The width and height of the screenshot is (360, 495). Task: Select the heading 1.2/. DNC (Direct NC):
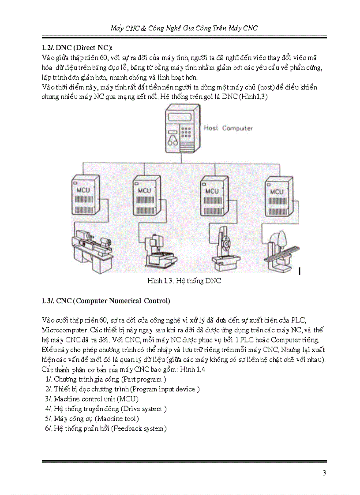click(x=77, y=48)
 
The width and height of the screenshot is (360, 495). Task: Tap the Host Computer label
click(x=228, y=128)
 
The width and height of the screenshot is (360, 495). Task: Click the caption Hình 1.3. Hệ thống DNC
click(x=184, y=281)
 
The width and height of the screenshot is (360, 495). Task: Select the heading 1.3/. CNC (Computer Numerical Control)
click(x=106, y=301)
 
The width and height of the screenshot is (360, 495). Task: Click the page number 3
click(x=324, y=473)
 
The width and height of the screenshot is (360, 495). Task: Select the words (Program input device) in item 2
click(x=165, y=389)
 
